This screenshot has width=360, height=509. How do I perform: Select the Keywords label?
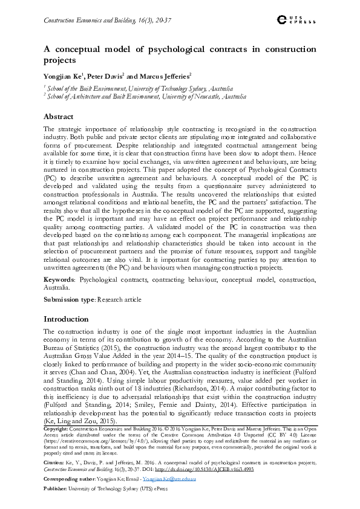[x=59, y=280]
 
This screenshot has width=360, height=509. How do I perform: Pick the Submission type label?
[x=68, y=299]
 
